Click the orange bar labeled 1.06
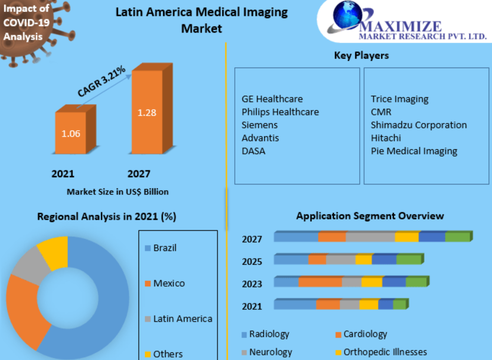tap(71, 133)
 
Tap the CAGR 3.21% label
tap(102, 82)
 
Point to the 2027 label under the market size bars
tap(139, 174)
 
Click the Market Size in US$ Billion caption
tap(117, 192)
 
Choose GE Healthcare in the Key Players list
tap(272, 99)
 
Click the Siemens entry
tap(259, 125)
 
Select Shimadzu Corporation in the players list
tap(418, 125)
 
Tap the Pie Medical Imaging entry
tap(414, 151)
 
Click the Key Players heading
tap(361, 55)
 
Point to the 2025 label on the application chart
tap(252, 262)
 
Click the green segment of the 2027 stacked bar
tap(457, 237)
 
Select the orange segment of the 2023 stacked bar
tap(320, 282)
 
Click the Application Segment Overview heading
tap(370, 216)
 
